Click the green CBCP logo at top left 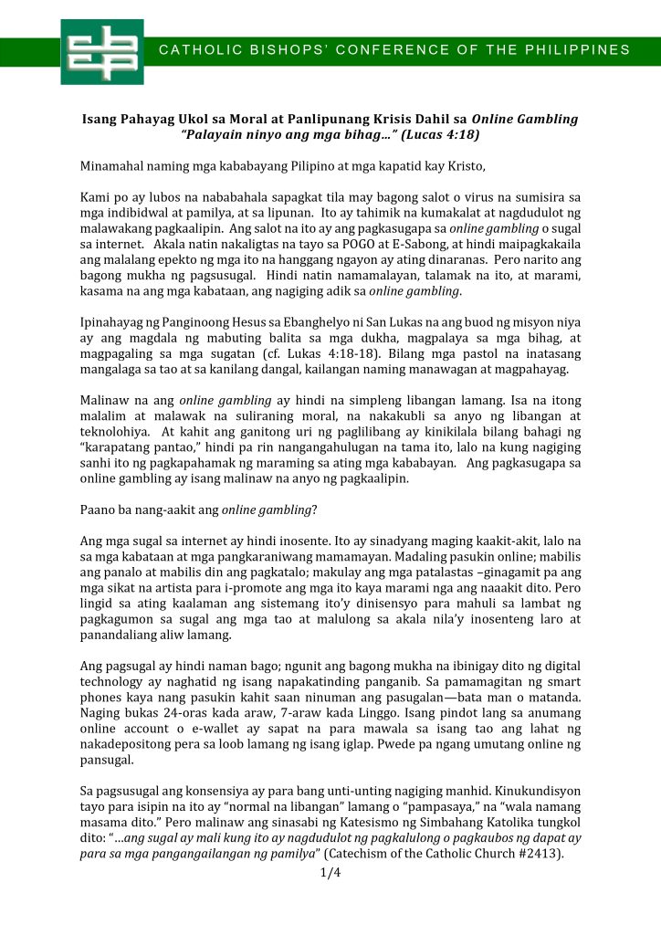click(101, 51)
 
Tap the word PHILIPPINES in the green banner click(584, 49)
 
